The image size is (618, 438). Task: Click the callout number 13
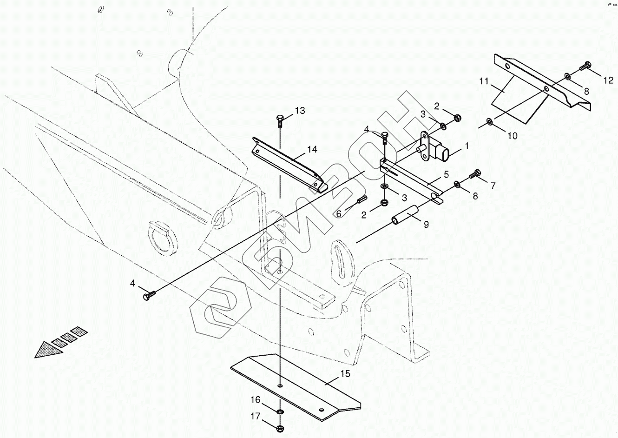click(x=300, y=111)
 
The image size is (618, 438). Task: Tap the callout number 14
click(x=312, y=149)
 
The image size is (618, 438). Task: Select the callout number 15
click(x=345, y=373)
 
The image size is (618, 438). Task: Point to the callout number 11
click(x=484, y=82)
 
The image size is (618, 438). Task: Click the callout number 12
click(x=608, y=81)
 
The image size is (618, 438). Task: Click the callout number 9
click(x=426, y=225)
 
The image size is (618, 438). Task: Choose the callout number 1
click(x=466, y=146)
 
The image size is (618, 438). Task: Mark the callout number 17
click(x=256, y=417)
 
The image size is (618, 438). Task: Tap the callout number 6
click(x=339, y=213)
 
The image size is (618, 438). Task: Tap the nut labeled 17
click(x=280, y=428)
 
